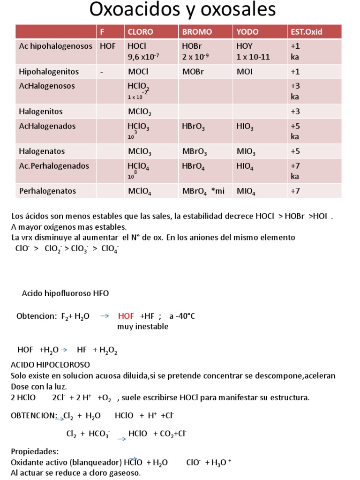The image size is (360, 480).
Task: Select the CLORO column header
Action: point(140,32)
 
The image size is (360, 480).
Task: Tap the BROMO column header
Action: point(197,32)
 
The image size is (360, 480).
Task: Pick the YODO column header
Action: point(247,32)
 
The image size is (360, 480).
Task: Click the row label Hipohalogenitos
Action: point(49,72)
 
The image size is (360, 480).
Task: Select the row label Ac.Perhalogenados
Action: point(54,166)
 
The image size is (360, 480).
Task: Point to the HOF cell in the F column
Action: point(107,46)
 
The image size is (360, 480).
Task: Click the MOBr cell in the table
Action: point(194,72)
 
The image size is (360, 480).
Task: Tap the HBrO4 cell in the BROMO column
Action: point(194,166)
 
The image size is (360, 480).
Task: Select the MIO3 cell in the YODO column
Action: point(246,152)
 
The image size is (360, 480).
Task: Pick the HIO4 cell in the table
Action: point(245,166)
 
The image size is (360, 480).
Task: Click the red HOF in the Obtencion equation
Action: point(126,316)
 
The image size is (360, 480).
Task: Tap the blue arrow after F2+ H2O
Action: point(105,316)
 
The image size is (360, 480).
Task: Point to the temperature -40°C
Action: point(182,316)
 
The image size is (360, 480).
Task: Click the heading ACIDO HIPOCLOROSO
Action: point(50,365)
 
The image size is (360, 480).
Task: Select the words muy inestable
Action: point(142,327)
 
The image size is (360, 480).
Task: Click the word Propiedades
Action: point(35,451)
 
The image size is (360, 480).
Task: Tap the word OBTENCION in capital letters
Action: point(33,415)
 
